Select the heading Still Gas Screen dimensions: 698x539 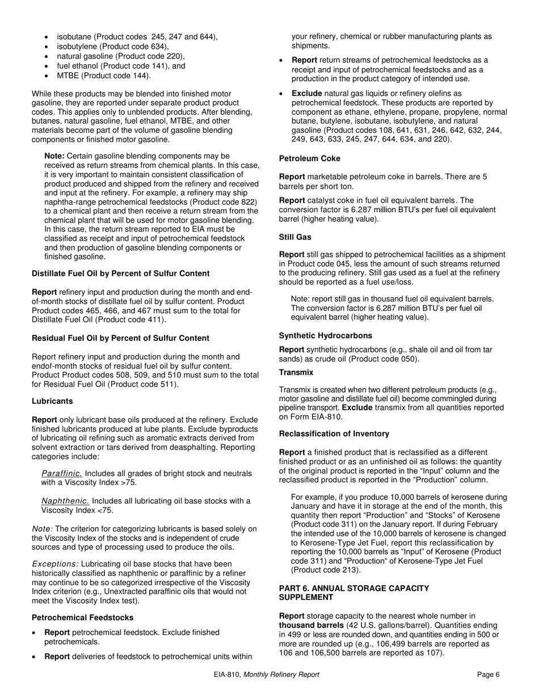click(295, 237)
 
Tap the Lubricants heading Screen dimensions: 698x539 click(52, 401)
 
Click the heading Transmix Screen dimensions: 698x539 click(296, 372)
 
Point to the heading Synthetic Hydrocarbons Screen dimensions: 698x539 click(326, 335)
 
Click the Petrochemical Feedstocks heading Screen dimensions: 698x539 click(82, 617)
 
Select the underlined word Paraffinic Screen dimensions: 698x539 click(62, 473)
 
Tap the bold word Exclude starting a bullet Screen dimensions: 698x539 click(307, 93)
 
